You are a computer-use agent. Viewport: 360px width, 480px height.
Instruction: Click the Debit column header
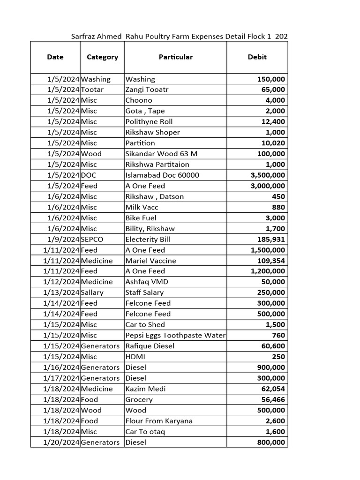point(257,57)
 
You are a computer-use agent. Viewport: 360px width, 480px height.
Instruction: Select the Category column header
point(102,57)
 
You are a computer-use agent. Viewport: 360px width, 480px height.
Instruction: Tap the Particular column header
point(176,57)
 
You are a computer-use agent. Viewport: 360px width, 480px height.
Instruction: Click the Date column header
point(55,57)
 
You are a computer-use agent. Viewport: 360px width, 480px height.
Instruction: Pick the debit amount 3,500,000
point(268,175)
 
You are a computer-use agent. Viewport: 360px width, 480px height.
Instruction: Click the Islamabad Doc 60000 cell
point(162,175)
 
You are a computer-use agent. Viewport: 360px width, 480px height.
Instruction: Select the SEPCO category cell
point(92,240)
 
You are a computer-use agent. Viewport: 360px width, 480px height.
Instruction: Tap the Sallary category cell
point(92,292)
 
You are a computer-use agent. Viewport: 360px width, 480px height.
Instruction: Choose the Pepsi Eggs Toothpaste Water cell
point(175,335)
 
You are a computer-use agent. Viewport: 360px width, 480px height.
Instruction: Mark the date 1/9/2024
point(63,240)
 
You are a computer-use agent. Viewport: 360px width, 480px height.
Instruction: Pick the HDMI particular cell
point(135,357)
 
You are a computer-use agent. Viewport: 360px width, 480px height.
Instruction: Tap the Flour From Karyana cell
point(159,421)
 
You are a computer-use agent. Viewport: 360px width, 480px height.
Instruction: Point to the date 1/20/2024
point(61,442)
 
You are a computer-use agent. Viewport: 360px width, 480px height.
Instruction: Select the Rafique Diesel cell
point(150,346)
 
